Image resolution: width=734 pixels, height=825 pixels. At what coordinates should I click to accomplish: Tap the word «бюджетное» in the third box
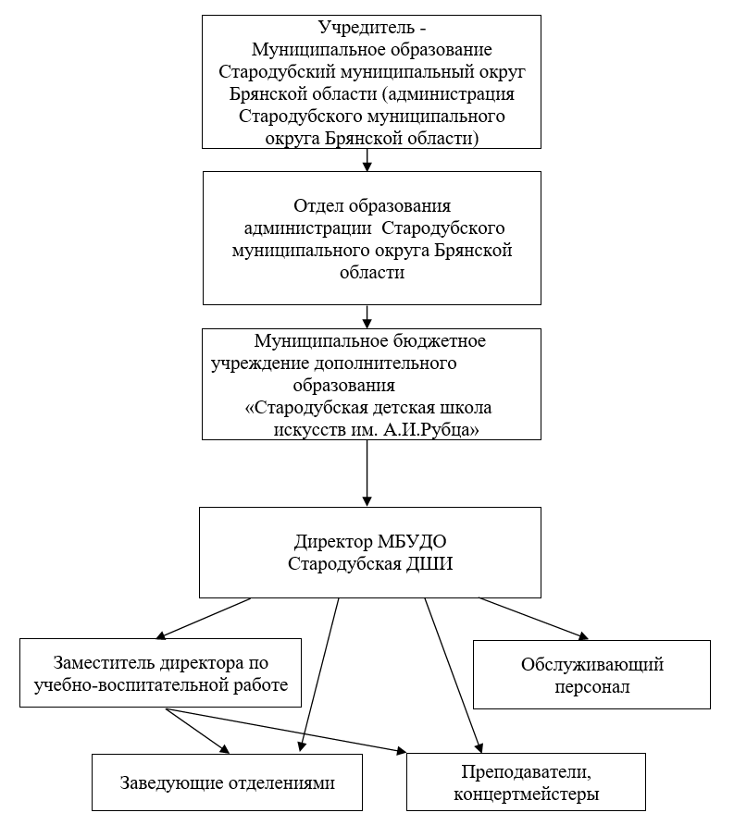click(x=440, y=341)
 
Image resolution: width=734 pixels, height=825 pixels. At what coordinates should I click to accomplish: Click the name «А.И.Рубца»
click(x=430, y=430)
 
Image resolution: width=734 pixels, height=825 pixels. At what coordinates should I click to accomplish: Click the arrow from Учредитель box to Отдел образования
click(x=367, y=160)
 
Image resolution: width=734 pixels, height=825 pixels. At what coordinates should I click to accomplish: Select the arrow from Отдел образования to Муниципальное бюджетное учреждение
click(x=367, y=316)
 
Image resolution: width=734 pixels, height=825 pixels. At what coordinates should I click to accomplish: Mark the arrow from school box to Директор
click(x=367, y=474)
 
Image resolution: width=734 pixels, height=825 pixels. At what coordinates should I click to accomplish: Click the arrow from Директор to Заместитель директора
click(x=204, y=619)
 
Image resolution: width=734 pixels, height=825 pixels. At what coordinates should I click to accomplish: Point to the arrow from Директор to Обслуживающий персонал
click(x=533, y=619)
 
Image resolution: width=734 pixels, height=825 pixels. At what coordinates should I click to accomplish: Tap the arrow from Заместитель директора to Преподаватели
click(x=286, y=731)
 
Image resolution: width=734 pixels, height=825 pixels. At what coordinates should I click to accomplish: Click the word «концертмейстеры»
click(x=526, y=794)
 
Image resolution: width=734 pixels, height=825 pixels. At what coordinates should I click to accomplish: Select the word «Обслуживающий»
click(x=592, y=664)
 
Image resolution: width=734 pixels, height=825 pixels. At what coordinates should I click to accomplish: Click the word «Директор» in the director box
click(x=333, y=541)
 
